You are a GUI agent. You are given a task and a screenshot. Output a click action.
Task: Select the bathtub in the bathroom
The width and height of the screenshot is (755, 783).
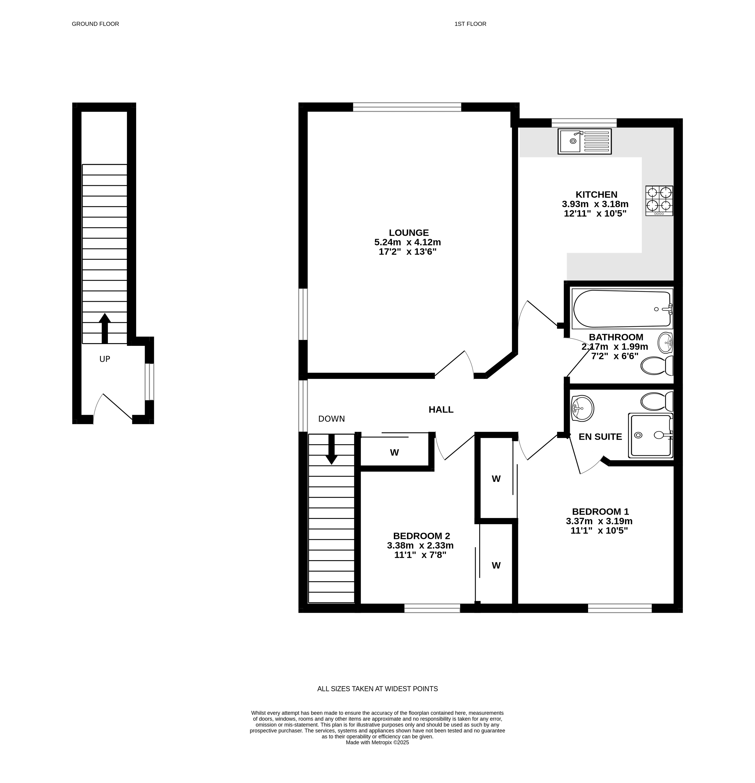[x=622, y=308]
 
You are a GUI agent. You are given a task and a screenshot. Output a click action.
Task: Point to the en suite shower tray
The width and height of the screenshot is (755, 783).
[x=650, y=435]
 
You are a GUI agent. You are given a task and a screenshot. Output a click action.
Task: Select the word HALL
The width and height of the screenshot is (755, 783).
[x=441, y=409]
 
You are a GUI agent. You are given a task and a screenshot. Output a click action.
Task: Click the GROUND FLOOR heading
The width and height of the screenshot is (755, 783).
[x=96, y=24]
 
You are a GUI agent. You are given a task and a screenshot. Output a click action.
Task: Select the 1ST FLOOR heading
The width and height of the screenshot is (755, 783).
[x=470, y=24]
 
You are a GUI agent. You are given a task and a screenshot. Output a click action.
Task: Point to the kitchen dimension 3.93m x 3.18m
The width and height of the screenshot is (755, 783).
[x=595, y=204]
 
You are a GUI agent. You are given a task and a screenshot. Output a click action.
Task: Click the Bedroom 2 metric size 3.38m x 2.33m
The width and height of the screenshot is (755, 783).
[x=420, y=545]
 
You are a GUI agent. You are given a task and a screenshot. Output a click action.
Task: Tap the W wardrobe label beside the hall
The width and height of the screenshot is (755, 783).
[x=395, y=453]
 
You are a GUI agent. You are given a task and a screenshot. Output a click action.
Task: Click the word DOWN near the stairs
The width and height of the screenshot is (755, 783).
[x=331, y=419]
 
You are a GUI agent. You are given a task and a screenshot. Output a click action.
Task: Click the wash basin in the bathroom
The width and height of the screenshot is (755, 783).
[x=665, y=343]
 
